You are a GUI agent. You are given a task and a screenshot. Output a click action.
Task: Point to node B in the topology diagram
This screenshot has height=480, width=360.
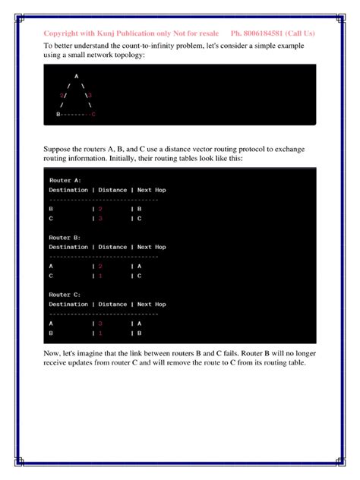point(58,113)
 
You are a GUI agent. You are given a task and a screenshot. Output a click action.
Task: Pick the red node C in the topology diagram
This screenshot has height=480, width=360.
point(93,113)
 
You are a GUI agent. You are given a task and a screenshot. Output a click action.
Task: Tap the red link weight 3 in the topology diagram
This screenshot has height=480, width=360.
point(90,95)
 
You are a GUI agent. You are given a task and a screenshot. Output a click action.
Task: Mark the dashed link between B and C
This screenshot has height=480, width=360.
point(75,113)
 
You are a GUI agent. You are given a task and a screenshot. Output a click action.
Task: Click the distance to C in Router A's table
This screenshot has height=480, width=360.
point(100,218)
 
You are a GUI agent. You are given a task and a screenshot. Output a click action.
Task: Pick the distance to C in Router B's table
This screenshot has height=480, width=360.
point(100,276)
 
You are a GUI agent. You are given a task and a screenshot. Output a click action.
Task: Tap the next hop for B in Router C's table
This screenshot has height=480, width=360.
point(140,333)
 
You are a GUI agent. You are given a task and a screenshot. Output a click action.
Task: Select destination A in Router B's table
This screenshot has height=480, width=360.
point(51,267)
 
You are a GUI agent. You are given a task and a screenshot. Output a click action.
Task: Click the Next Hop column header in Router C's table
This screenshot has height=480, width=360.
point(151,304)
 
